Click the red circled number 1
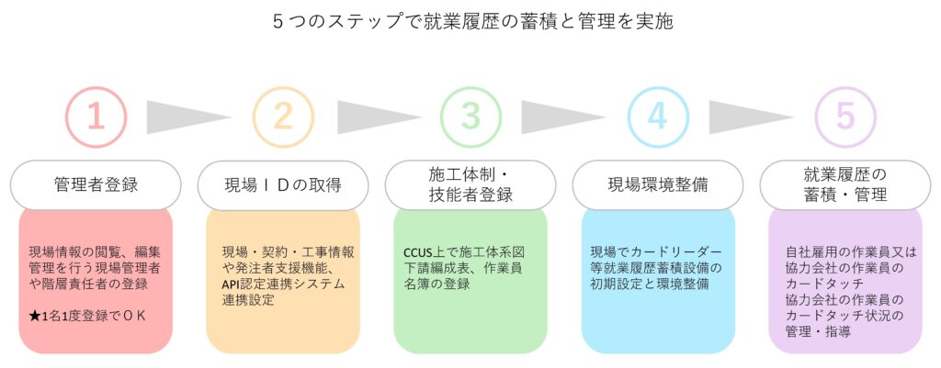click(x=96, y=117)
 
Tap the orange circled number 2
click(x=283, y=117)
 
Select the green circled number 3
click(x=470, y=117)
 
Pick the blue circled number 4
click(x=658, y=117)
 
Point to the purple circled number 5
click(x=845, y=117)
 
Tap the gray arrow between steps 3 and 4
click(x=561, y=117)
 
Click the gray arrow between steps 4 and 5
click(x=749, y=117)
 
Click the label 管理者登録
click(x=96, y=184)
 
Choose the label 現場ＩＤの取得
click(x=283, y=184)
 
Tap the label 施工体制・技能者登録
click(x=470, y=184)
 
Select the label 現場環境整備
click(x=658, y=184)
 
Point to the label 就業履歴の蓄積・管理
click(x=845, y=184)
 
